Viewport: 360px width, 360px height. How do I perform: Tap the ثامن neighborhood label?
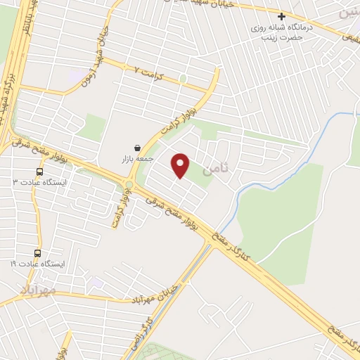tap(214, 169)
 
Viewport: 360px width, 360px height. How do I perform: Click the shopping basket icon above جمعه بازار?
tap(136, 148)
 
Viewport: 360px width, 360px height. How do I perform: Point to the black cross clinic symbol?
tap(281, 16)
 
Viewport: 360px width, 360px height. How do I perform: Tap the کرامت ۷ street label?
tap(148, 72)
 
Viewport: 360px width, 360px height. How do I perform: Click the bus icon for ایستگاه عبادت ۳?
tap(39, 170)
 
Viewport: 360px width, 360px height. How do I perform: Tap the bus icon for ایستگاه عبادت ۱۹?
tap(37, 253)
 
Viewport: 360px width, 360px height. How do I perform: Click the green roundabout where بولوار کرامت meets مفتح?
tap(129, 185)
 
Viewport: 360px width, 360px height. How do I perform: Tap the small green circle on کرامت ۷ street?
tap(183, 78)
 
